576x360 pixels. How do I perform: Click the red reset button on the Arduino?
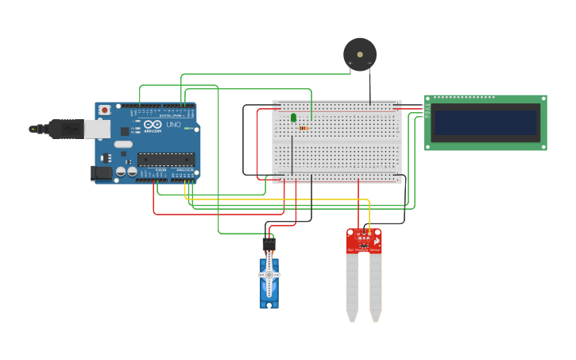click(x=103, y=110)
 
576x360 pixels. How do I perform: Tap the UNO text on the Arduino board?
click(x=174, y=125)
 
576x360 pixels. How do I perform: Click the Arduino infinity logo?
click(x=153, y=125)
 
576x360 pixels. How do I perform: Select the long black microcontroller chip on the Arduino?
click(x=166, y=159)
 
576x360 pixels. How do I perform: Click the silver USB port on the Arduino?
click(x=98, y=128)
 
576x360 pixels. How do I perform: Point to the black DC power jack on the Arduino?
click(x=102, y=172)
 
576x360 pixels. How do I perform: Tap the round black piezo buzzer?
click(x=360, y=54)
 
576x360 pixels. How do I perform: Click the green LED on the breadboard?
click(x=293, y=118)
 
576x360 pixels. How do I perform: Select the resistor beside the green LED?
click(x=303, y=128)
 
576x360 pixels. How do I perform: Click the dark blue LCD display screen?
click(x=485, y=122)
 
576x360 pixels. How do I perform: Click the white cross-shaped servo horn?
click(x=269, y=275)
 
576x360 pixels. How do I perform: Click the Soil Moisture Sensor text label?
click(x=364, y=250)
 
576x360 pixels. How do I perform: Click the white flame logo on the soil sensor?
click(x=377, y=240)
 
